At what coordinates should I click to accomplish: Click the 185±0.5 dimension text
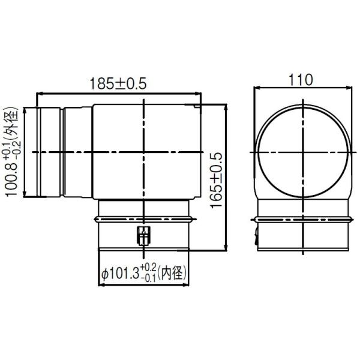[x=118, y=84]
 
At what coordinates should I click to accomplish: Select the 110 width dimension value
[x=301, y=79]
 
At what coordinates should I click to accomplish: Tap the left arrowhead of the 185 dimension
[x=40, y=94]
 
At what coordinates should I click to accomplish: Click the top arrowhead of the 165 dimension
[x=226, y=107]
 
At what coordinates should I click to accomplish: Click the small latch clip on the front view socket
[x=143, y=236]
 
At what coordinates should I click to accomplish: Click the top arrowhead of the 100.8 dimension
[x=25, y=109]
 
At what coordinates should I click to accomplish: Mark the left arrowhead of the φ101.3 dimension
[x=100, y=283]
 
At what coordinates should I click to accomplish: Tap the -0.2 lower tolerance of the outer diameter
[x=16, y=143]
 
